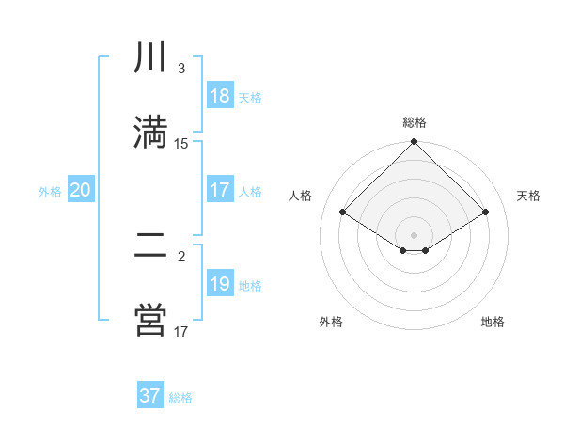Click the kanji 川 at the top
pyautogui.click(x=150, y=58)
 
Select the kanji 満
pyautogui.click(x=150, y=132)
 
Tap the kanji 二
pyautogui.click(x=150, y=246)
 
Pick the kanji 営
pyautogui.click(x=150, y=320)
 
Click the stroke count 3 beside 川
pyautogui.click(x=181, y=69)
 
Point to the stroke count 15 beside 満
pyautogui.click(x=181, y=143)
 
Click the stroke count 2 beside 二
pyautogui.click(x=181, y=257)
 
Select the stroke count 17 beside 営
pyautogui.click(x=181, y=331)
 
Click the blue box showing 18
pyautogui.click(x=220, y=96)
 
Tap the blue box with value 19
pyautogui.click(x=220, y=284)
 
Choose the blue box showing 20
pyautogui.click(x=81, y=190)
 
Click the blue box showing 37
pyautogui.click(x=150, y=396)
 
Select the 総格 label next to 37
pyautogui.click(x=180, y=398)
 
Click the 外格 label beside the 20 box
pyautogui.click(x=50, y=192)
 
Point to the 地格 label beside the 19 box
pyautogui.click(x=250, y=286)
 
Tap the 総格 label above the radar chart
pyautogui.click(x=415, y=122)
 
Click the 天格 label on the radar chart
pyautogui.click(x=528, y=196)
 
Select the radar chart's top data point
pyautogui.click(x=415, y=142)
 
